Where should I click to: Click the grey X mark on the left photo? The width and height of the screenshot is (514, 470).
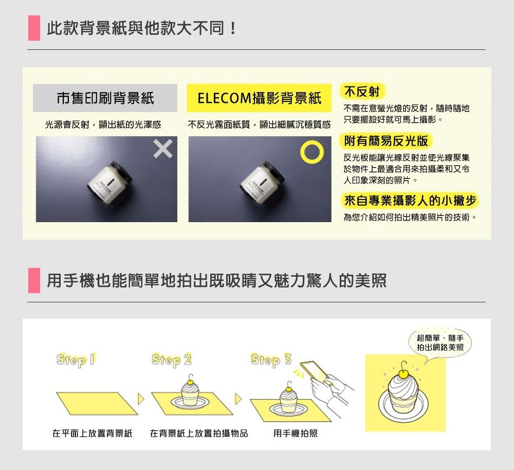tap(163, 149)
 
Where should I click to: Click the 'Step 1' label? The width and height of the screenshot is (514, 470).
tap(76, 360)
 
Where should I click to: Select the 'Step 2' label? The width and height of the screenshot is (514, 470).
tap(172, 360)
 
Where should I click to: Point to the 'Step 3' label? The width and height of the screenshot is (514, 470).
tap(271, 360)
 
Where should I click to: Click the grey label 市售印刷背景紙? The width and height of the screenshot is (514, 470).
tap(105, 98)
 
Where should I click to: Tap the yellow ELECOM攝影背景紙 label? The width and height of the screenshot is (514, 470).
tap(259, 98)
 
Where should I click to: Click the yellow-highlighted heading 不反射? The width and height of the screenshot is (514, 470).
tap(362, 92)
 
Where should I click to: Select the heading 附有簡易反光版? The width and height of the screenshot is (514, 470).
tap(386, 141)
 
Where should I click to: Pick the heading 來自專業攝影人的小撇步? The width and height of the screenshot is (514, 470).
tap(410, 201)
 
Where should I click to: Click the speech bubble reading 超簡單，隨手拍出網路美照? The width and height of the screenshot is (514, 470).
tap(440, 343)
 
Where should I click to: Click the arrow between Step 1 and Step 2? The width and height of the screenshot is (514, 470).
tap(141, 399)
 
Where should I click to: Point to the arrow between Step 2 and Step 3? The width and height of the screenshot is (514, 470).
tap(238, 399)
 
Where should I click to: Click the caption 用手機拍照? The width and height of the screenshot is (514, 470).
tap(296, 433)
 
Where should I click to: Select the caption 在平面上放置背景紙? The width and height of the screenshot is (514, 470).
tap(92, 433)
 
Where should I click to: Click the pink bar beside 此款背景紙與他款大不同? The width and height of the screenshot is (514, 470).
tap(34, 28)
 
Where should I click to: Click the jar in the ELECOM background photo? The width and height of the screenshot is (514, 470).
tap(262, 183)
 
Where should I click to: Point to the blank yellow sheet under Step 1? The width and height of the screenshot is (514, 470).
tap(97, 404)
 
